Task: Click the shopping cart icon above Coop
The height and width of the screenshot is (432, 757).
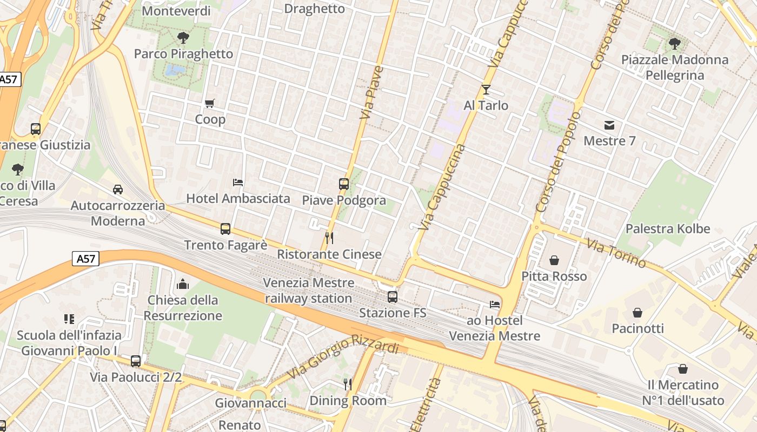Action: tap(210, 103)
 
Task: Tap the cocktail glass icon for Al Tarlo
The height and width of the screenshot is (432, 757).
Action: tap(486, 89)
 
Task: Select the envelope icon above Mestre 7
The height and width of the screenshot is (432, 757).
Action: tap(609, 125)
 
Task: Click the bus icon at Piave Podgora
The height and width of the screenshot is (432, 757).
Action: tap(344, 184)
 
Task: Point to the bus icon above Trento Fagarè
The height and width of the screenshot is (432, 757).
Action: tap(225, 229)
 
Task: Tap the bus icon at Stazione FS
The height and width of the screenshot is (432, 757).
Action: tap(393, 296)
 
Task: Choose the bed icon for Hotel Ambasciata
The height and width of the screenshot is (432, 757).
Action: tap(238, 183)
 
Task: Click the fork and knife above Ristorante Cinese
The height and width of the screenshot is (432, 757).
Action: tap(329, 238)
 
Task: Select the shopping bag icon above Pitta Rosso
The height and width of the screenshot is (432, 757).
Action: tap(554, 260)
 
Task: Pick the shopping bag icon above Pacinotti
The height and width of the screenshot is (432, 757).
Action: tap(638, 313)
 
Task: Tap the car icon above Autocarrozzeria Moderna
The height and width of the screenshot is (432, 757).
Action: tap(118, 189)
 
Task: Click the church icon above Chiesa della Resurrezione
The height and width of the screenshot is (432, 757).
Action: tap(183, 284)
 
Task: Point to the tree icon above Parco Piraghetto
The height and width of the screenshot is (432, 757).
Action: tap(183, 37)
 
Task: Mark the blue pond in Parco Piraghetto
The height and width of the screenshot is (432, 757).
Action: tap(174, 70)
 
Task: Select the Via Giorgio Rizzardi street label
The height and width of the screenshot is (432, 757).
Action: tap(343, 356)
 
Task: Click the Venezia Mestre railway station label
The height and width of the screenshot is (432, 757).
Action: tap(308, 291)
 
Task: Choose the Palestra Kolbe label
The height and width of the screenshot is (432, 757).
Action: tap(668, 228)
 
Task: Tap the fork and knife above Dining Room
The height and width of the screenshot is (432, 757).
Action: tap(348, 384)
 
